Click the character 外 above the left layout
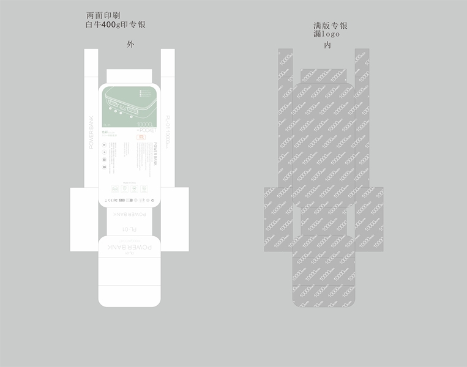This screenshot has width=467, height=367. [130, 45]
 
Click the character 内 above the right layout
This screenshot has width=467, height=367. [327, 45]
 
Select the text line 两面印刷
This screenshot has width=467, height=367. [103, 15]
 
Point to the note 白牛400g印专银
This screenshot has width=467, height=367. [116, 25]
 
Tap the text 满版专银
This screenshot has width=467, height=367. [331, 26]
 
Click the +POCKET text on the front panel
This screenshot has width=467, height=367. [147, 130]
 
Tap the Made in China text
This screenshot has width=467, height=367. [129, 182]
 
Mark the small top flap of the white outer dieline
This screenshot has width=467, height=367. [130, 76]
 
